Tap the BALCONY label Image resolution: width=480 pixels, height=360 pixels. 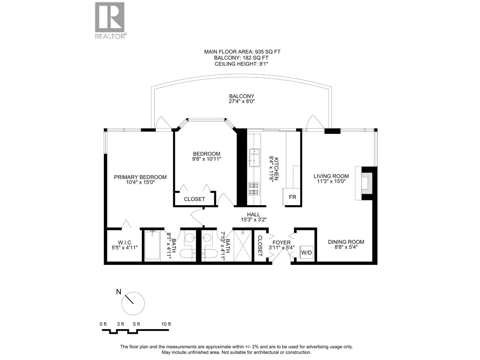click(241, 96)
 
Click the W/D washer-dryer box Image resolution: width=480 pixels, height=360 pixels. click(306, 253)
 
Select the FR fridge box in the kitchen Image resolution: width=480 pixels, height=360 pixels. click(292, 197)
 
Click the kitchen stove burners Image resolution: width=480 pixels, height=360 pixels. click(254, 189)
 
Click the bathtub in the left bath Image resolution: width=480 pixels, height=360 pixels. click(152, 245)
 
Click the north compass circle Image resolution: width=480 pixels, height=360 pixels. click(133, 303)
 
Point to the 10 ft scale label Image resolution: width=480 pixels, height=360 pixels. click(166, 324)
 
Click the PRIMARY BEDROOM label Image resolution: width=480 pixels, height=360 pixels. click(140, 177)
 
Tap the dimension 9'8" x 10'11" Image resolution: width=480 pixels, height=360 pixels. click(207, 159)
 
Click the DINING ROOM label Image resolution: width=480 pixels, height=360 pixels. click(346, 242)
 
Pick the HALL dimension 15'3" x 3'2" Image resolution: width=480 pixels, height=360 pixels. click(253, 220)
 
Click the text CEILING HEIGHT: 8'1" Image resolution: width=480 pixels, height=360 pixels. click(242, 64)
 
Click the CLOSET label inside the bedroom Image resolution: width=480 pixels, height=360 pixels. click(194, 199)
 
